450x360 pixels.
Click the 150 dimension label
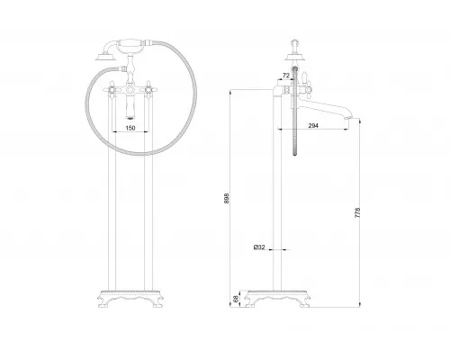130,128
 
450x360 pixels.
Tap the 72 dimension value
286,76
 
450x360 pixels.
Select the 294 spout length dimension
313,126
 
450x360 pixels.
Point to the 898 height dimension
227,198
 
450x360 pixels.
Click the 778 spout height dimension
357,212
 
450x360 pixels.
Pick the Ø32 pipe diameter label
259,247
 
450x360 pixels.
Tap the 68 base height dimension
236,299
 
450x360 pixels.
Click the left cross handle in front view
112,89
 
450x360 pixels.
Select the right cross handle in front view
148,89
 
